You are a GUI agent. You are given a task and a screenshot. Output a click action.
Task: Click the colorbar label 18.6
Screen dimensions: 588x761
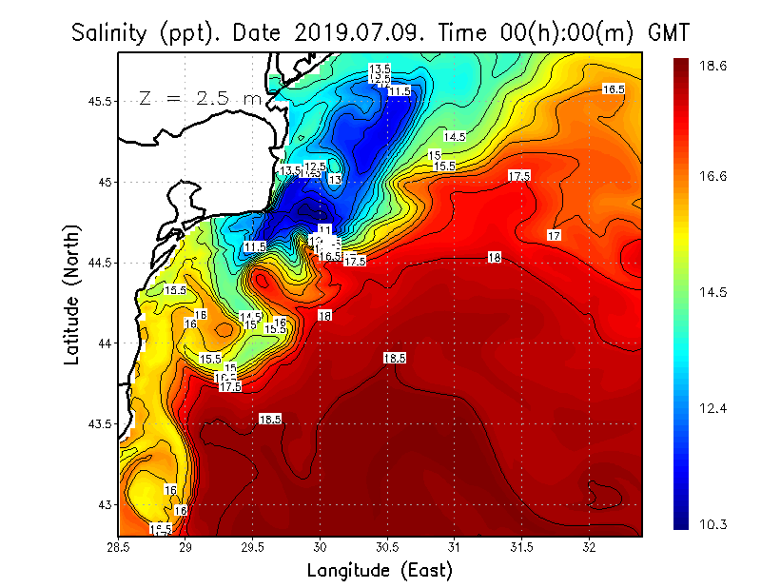[x=714, y=67]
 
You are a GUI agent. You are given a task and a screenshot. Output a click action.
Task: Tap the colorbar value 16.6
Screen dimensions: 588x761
[x=714, y=176]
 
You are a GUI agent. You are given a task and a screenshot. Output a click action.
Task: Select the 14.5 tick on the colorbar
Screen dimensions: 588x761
[x=714, y=293]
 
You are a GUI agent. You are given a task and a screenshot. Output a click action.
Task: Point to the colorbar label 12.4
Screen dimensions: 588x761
[x=714, y=408]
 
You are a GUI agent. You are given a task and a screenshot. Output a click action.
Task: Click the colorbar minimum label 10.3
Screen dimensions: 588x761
[x=714, y=524]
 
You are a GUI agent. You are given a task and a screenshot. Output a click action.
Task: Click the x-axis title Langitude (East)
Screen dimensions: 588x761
[x=380, y=570]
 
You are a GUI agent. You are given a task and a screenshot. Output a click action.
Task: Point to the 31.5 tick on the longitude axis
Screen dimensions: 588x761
[x=522, y=547]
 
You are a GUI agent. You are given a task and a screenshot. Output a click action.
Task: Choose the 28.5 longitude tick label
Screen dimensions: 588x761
[x=119, y=547]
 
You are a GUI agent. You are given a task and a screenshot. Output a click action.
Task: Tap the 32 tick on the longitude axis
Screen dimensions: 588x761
[x=590, y=547]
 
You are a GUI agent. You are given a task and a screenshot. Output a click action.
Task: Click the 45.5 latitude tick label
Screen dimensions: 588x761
[x=99, y=101]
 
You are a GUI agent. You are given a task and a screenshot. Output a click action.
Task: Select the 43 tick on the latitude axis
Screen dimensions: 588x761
[x=106, y=504]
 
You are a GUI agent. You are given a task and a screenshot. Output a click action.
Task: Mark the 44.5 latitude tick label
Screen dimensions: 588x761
[x=99, y=263]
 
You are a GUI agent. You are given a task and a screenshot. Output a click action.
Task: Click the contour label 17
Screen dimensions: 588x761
[x=555, y=235]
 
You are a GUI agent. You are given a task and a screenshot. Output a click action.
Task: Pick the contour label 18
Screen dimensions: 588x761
[x=494, y=258]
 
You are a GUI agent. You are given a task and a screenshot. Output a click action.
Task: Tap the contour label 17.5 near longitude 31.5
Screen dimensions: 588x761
[x=518, y=176]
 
